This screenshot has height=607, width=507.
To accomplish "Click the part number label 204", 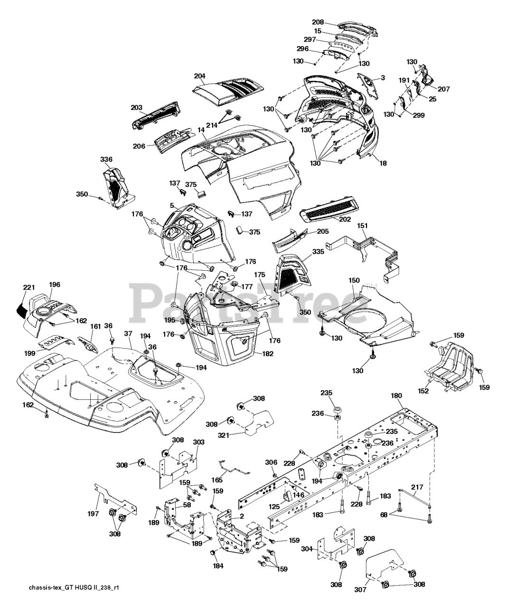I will point(200,76).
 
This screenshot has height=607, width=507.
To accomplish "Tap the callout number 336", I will point(106,159).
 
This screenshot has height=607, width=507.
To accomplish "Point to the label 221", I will point(29,287).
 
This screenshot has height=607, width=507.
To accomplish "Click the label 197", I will point(94,514).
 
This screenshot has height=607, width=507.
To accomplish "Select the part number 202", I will point(345,220).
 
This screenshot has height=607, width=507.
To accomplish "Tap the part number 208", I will point(318,22).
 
